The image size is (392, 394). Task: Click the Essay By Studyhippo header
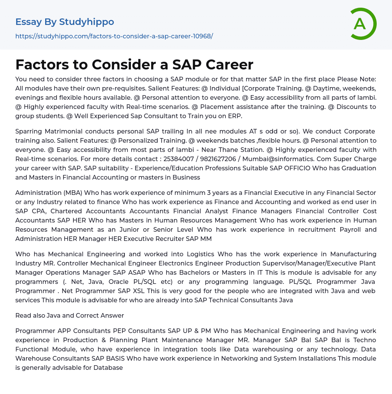tap(65, 22)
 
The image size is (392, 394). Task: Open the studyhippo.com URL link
tap(114, 36)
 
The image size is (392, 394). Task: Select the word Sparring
tap(29, 131)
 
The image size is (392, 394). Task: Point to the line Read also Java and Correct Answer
tap(70, 315)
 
